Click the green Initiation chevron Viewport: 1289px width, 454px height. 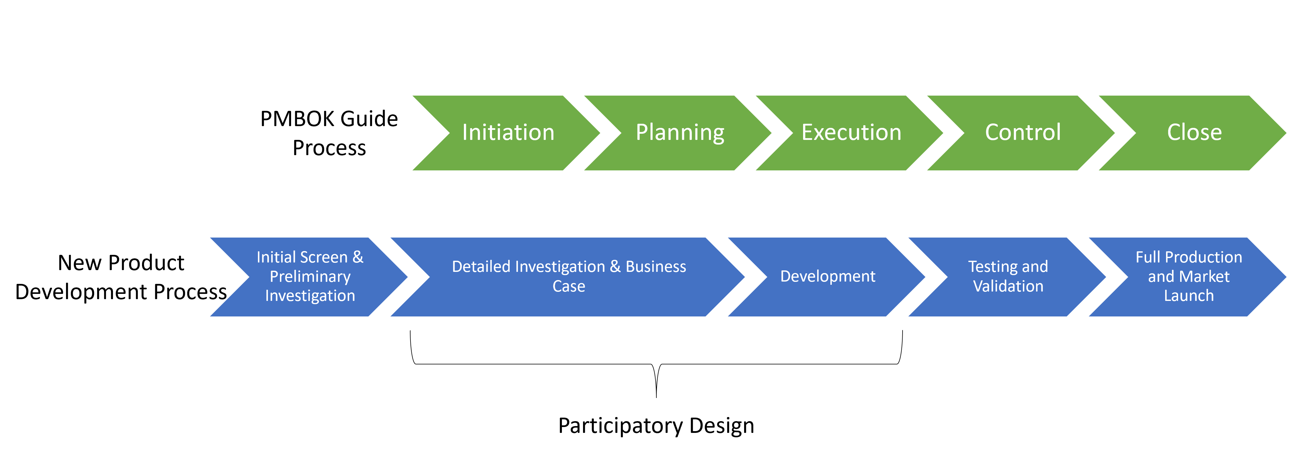click(508, 133)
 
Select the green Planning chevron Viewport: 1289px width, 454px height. click(680, 133)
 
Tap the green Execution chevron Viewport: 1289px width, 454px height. click(851, 133)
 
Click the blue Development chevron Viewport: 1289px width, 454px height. click(828, 277)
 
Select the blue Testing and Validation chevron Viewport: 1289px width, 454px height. click(1008, 277)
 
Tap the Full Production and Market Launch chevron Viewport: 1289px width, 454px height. click(1188, 277)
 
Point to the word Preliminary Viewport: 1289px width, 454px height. click(310, 277)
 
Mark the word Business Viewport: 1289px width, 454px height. click(656, 267)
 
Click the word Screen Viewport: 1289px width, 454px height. click(324, 257)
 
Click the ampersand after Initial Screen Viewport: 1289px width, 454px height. click(358, 257)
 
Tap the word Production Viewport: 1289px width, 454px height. click(1203, 257)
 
